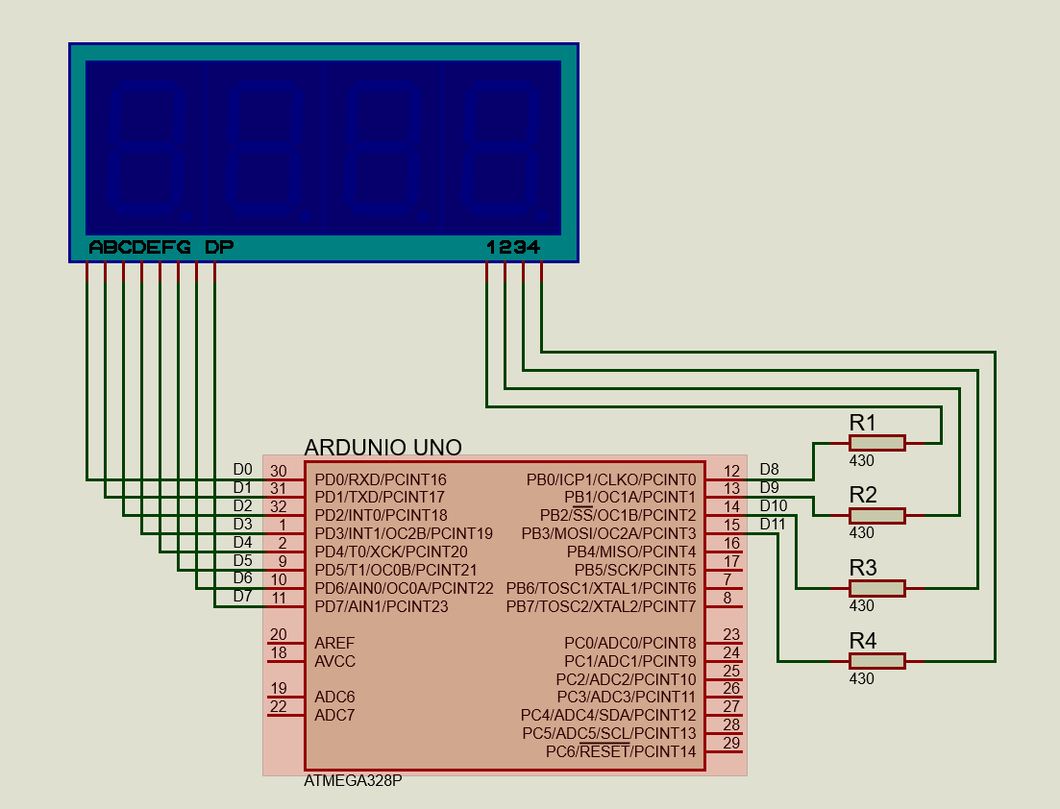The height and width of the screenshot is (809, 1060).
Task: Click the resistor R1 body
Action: pyautogui.click(x=876, y=442)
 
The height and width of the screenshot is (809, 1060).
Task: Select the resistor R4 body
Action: pyautogui.click(x=876, y=661)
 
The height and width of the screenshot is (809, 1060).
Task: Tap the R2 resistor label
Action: pyautogui.click(x=863, y=495)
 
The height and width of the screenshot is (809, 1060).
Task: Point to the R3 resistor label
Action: pyautogui.click(x=863, y=567)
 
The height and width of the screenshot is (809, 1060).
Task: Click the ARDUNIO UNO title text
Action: pyautogui.click(x=382, y=448)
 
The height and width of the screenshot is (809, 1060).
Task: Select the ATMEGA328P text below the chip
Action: pyautogui.click(x=353, y=781)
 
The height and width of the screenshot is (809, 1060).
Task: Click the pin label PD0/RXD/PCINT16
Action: pyautogui.click(x=381, y=479)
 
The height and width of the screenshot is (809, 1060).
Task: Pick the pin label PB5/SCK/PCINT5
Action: pyautogui.click(x=635, y=570)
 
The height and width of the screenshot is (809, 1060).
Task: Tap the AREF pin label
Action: pyautogui.click(x=334, y=643)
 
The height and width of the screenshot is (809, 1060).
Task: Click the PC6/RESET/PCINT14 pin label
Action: pyautogui.click(x=621, y=751)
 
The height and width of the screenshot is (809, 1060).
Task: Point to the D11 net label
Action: pyautogui.click(x=773, y=525)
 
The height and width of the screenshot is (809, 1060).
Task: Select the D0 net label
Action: pyautogui.click(x=242, y=469)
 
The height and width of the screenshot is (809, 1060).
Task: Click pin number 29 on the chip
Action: pyautogui.click(x=731, y=743)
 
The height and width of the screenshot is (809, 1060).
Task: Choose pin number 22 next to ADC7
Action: pyautogui.click(x=279, y=706)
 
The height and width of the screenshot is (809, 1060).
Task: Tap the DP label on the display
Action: pyautogui.click(x=219, y=248)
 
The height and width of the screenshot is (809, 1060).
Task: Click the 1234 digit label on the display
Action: pyautogui.click(x=513, y=248)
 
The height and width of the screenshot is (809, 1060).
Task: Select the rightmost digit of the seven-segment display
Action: pyautogui.click(x=501, y=149)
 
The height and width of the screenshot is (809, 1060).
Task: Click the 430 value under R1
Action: pyautogui.click(x=862, y=460)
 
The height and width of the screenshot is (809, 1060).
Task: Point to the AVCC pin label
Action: pyautogui.click(x=335, y=661)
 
